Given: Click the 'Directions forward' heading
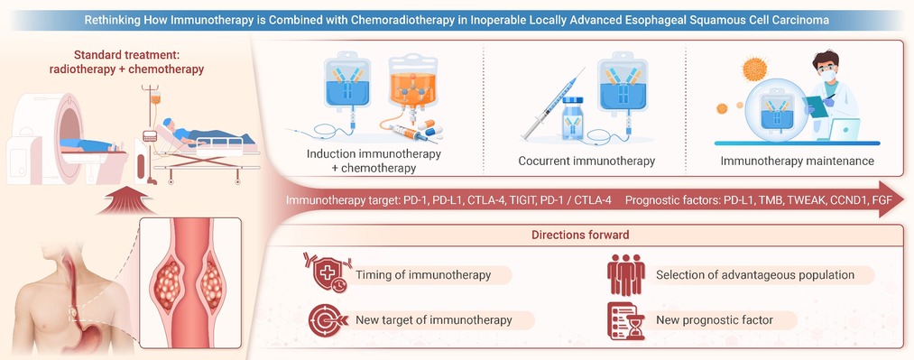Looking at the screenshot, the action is tap(580, 235).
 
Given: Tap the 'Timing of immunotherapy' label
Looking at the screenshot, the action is tap(423, 275).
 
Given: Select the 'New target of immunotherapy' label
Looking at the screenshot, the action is tap(434, 319).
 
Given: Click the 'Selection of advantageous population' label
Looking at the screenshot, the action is tap(755, 275).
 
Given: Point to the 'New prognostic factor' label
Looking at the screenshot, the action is tap(714, 319).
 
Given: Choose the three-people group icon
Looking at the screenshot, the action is tap(626, 274).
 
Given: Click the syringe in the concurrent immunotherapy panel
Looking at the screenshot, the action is tap(552, 105).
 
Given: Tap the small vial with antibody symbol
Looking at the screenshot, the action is tap(573, 118).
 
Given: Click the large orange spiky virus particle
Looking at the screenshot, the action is tap(754, 69).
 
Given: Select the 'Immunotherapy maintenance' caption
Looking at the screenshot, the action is tap(797, 161).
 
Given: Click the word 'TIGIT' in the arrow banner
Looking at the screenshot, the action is tap(523, 200).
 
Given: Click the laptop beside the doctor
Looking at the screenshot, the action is tap(844, 129).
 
